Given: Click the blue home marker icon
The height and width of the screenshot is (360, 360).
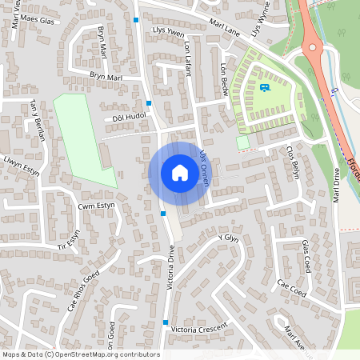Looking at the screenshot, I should [179, 172].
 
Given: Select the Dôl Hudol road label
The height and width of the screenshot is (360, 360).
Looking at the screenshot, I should [128, 117].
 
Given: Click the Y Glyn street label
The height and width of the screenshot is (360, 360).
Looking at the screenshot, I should [229, 238].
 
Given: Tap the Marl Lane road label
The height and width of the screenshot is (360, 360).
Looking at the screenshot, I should [222, 29].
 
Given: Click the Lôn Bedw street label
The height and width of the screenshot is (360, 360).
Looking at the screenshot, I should [224, 78].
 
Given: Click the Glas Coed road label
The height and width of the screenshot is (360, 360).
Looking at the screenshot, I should [305, 255].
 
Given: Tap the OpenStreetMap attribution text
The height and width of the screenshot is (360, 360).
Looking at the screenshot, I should [81, 354].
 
